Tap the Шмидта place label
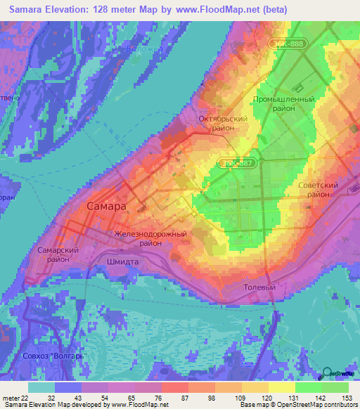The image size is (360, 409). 120,261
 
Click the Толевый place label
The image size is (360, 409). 258,288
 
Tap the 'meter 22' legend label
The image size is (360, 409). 15,398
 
